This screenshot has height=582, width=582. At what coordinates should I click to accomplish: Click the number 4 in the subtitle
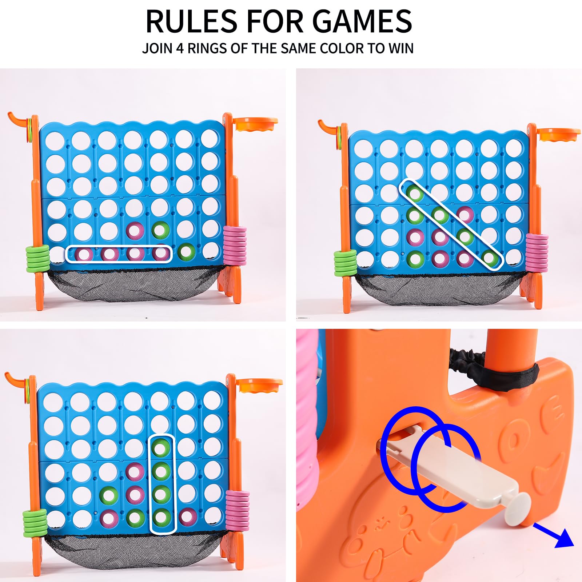[x=180, y=48]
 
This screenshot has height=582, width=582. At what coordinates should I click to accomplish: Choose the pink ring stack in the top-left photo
[x=235, y=245]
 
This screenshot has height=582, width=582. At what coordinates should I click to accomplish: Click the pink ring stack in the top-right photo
[x=537, y=252]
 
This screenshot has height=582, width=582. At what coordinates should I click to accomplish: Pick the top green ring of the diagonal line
[x=414, y=193]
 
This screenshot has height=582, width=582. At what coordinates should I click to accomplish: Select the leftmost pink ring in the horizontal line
[x=83, y=254]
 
